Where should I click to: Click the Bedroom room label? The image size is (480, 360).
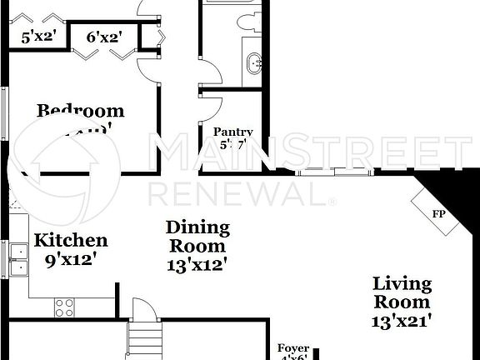pos(80,111)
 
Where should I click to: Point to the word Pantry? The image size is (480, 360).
pos(233,132)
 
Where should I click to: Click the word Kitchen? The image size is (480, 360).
pos(71,241)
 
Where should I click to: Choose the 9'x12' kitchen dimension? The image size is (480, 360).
pos(71,258)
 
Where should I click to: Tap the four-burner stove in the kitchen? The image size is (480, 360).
pos(65,307)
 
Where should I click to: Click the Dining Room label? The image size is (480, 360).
pos(197,237)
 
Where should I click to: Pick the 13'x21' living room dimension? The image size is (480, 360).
pos(402,320)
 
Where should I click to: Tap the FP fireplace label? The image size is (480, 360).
pos(437,213)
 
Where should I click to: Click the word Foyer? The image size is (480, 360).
pos(293,349)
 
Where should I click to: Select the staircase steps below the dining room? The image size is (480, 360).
pos(142,342)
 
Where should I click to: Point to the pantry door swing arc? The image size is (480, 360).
pos(211,107)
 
